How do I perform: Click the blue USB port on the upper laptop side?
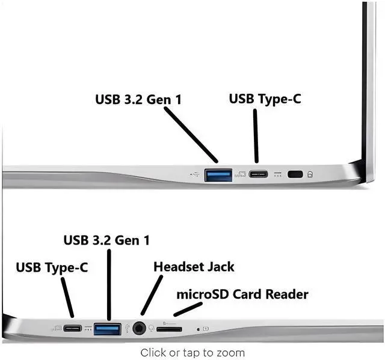coord(218,175)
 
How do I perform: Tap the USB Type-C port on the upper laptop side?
coord(257,174)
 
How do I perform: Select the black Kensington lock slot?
coord(295,174)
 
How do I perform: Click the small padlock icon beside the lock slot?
coord(310,175)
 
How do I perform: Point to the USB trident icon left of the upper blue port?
coord(194,175)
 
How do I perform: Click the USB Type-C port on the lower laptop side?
coord(73,328)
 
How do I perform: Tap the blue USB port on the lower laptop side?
coord(108,328)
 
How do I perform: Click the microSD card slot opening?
coord(170,329)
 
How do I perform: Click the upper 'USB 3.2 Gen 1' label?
coord(138,99)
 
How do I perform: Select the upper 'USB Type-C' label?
coord(265,99)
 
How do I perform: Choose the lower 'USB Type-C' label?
coord(52,267)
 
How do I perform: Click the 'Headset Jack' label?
coord(194,266)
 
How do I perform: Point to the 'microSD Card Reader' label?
coord(242,294)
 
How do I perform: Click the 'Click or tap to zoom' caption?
coord(192,352)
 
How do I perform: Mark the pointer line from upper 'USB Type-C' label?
coord(256,135)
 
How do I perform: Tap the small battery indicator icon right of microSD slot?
coord(206,328)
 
